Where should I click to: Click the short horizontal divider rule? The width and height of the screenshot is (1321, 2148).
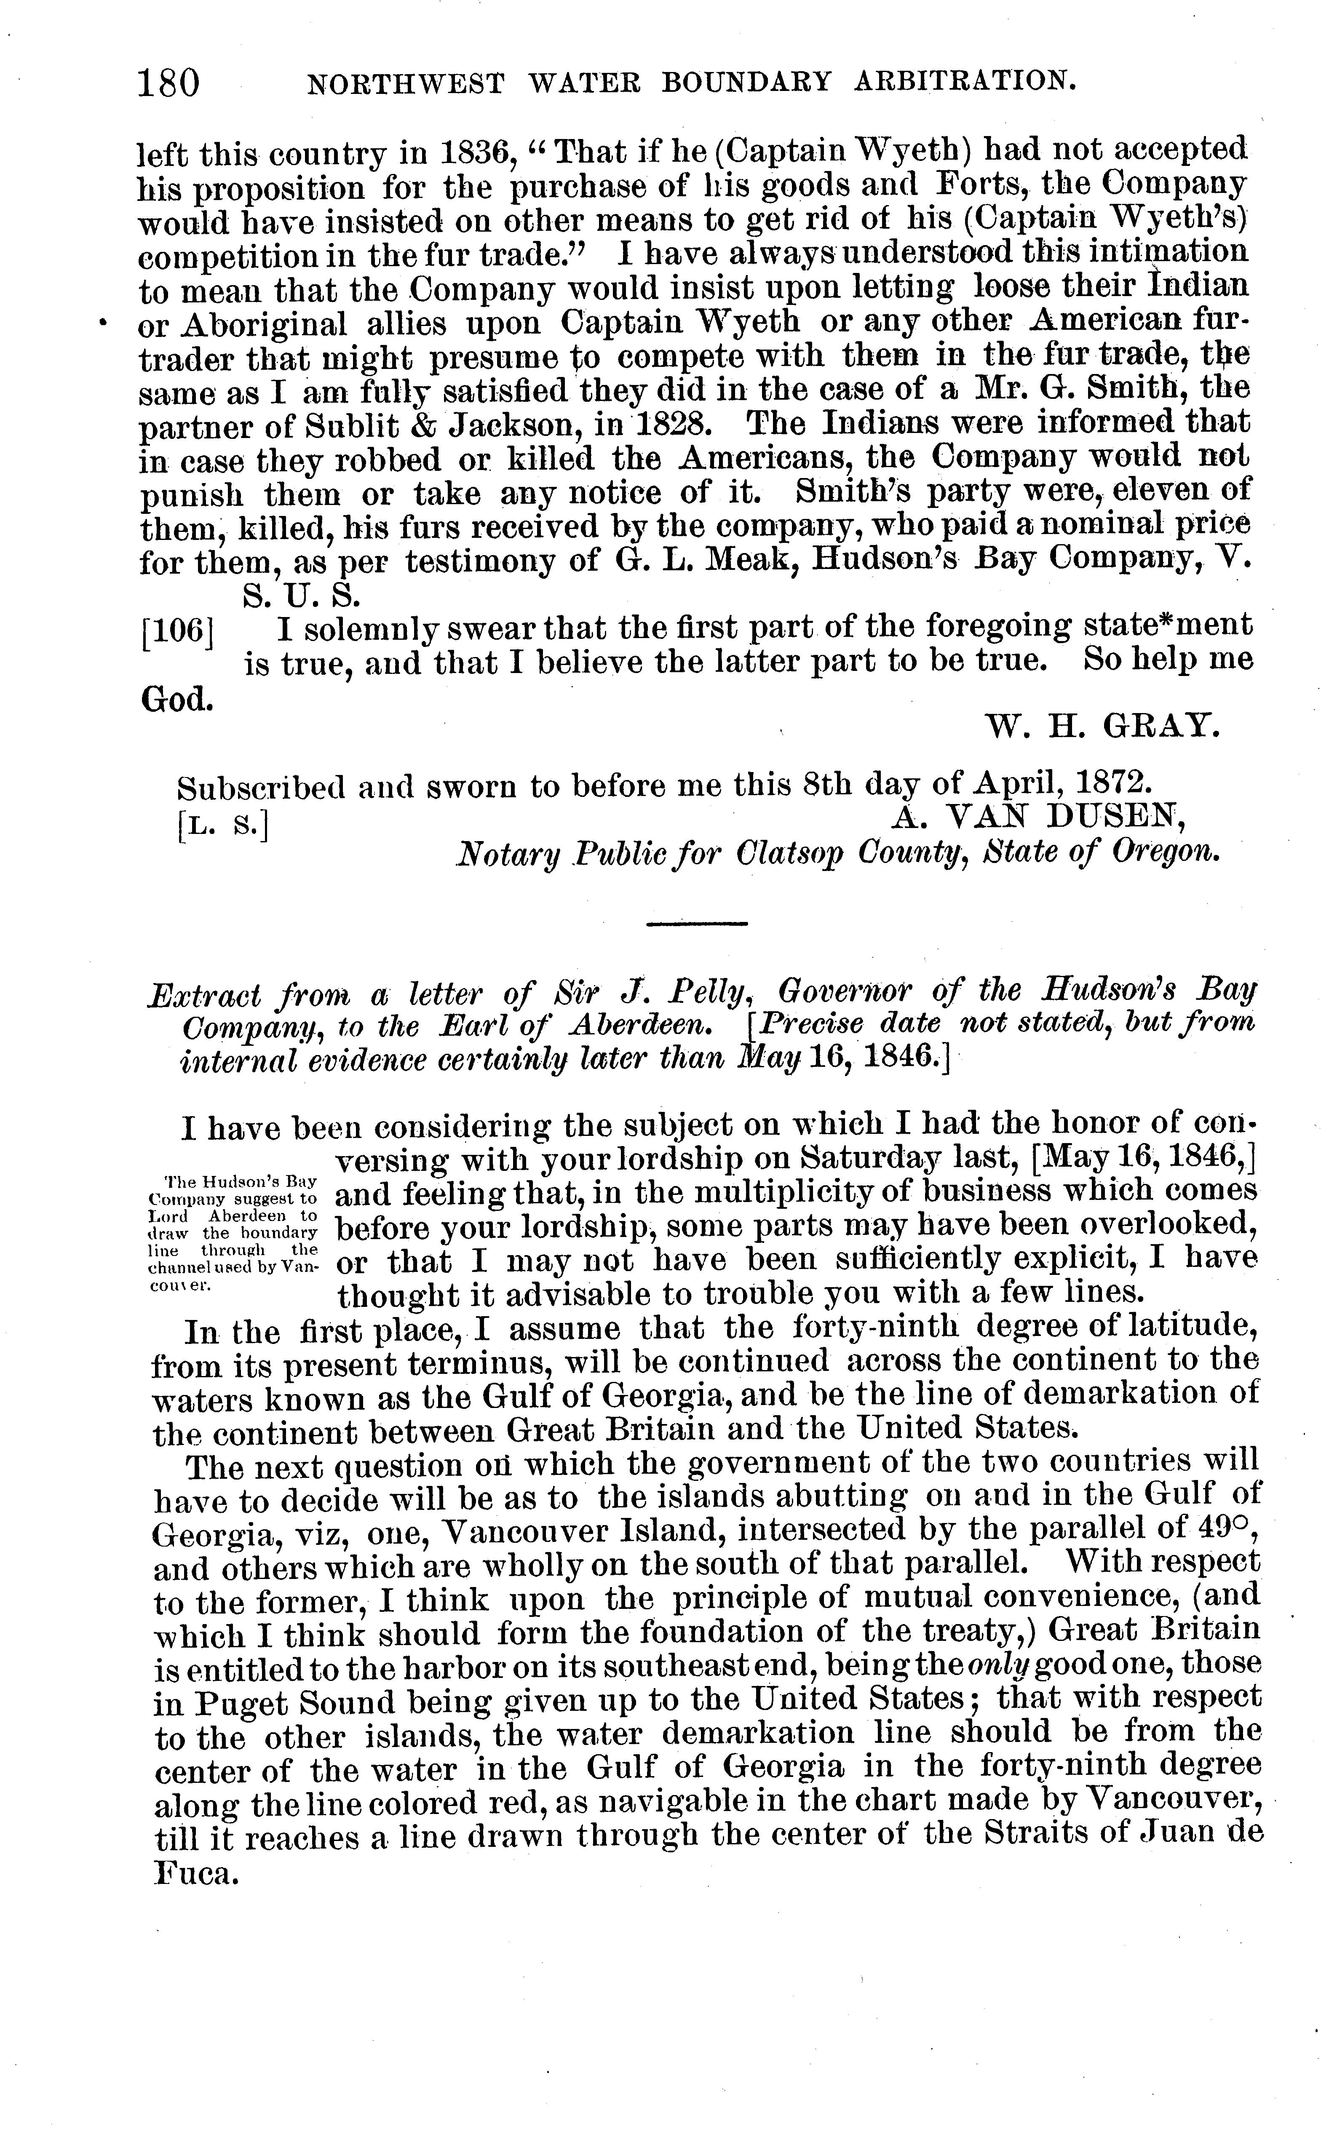click(697, 923)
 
